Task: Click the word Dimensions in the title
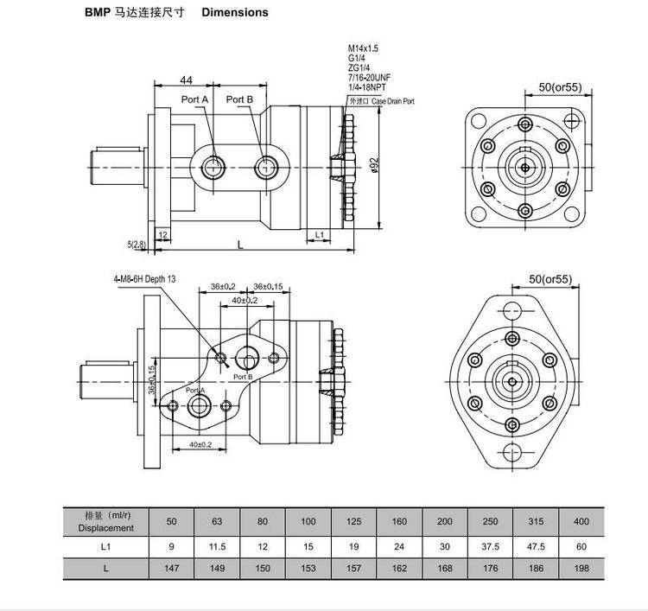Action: click(235, 12)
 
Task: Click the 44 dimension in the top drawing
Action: click(186, 80)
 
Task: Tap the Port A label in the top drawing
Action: click(194, 99)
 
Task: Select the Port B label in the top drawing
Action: click(239, 99)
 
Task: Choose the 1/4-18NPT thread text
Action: click(367, 88)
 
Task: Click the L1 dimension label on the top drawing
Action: click(319, 234)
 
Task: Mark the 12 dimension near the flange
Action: click(162, 234)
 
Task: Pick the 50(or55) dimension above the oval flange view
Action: click(550, 278)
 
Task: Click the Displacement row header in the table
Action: click(105, 522)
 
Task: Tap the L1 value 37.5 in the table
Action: click(490, 547)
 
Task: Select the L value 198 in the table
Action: click(581, 570)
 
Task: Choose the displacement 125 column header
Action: click(353, 522)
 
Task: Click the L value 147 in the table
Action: click(171, 570)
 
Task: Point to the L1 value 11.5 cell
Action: click(217, 547)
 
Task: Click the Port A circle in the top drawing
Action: click(213, 167)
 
